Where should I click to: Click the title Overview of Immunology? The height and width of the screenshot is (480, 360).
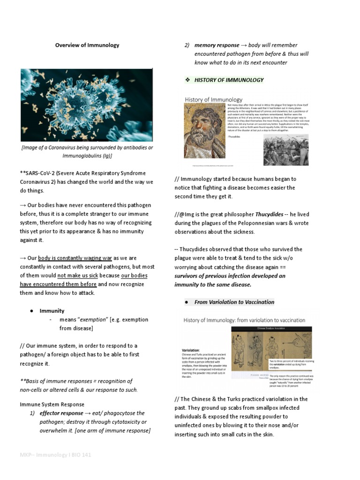pos(87,45)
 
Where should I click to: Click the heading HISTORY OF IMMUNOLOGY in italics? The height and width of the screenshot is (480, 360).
pos(229,80)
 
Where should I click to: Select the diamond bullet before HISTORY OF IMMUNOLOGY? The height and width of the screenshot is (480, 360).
pos(187,80)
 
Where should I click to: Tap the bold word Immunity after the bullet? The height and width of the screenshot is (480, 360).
pos(52,311)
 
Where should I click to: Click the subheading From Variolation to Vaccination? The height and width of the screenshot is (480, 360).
pos(234,302)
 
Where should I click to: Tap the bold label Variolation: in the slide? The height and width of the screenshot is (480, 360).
pos(190,350)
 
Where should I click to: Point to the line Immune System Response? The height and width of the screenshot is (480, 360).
pos(52,404)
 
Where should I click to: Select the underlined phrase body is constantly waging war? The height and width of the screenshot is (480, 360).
pos(75,258)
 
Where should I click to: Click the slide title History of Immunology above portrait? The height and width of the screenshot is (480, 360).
pos(213,99)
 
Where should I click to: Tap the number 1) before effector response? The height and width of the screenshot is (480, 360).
pos(33,413)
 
